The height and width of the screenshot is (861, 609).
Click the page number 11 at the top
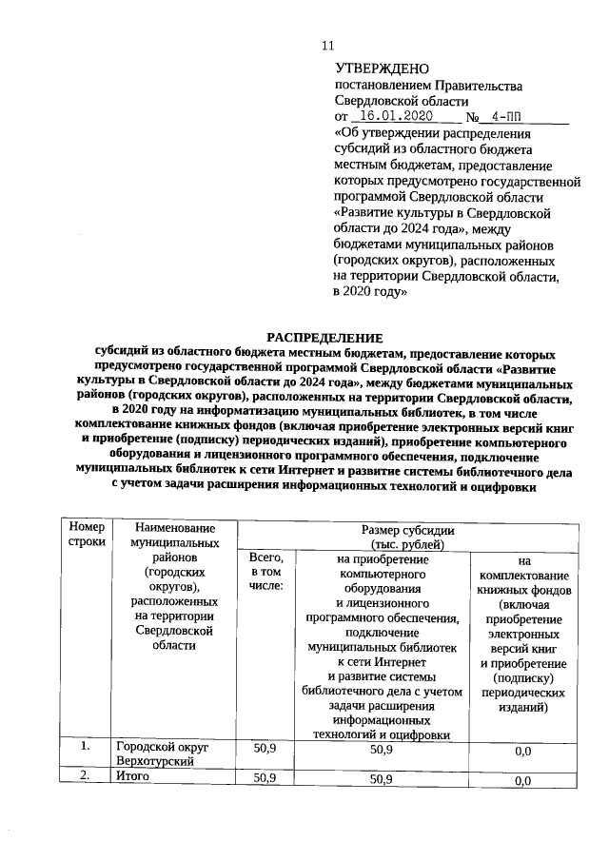(328, 46)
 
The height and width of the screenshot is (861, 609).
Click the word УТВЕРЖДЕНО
(383, 68)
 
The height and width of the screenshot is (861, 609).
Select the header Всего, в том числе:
(265, 575)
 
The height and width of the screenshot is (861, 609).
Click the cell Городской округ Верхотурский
(162, 753)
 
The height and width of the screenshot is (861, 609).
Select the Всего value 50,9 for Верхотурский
(265, 751)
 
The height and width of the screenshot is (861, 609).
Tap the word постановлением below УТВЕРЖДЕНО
(381, 86)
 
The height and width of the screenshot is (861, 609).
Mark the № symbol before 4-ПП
(472, 118)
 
